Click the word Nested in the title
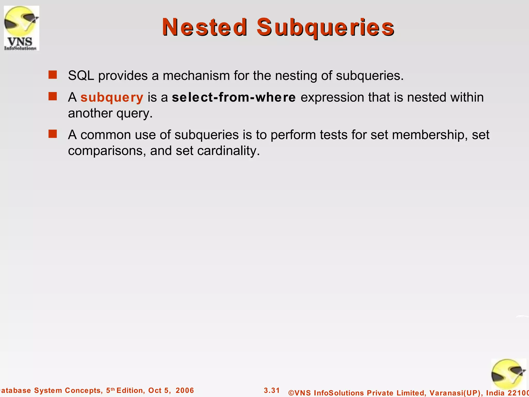tap(205, 27)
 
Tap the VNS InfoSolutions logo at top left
tap(21, 28)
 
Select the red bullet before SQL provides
tap(53, 75)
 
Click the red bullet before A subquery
tap(53, 97)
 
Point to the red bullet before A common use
tap(53, 134)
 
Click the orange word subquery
tap(112, 98)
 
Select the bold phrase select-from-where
tap(234, 97)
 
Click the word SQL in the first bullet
tap(81, 76)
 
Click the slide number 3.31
tap(272, 390)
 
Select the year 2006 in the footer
tap(185, 390)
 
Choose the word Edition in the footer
tap(130, 390)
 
